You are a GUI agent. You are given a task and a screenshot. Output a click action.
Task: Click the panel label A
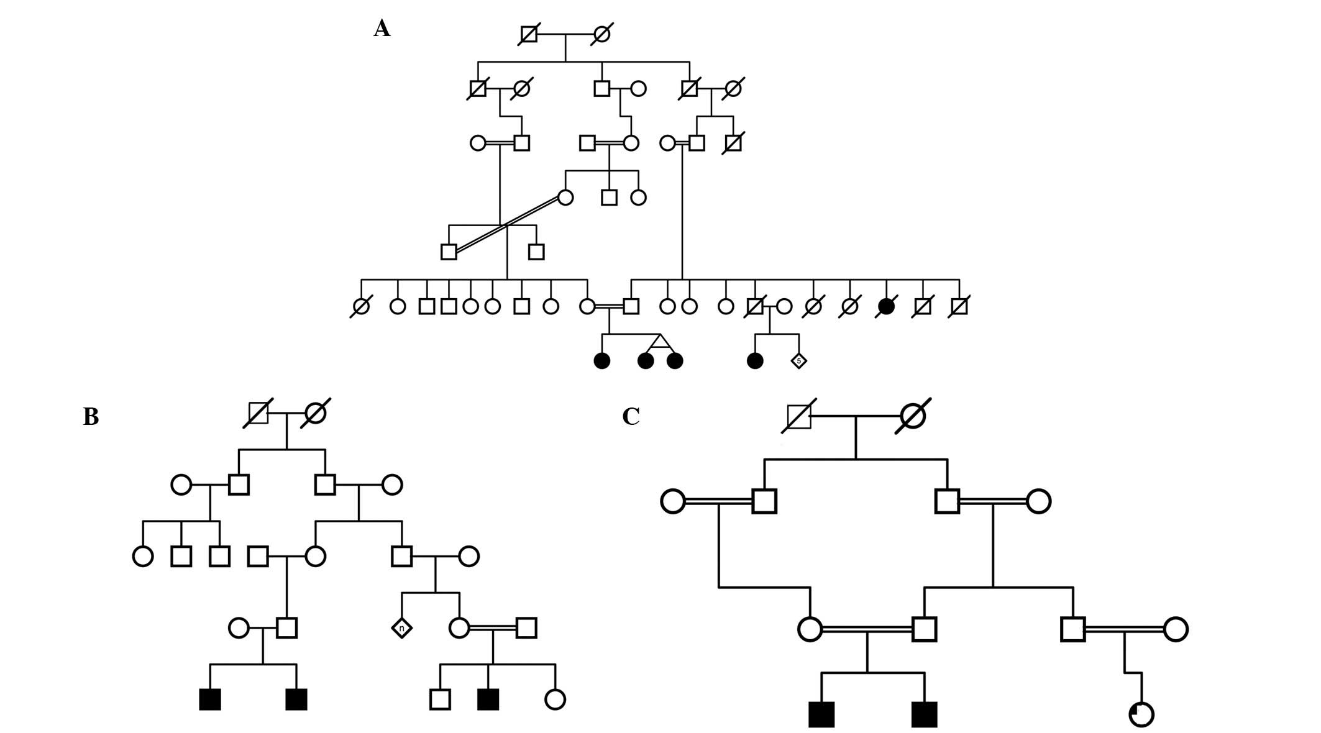382,29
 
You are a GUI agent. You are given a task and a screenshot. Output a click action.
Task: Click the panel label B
91,417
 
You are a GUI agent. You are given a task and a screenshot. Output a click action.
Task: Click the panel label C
631,417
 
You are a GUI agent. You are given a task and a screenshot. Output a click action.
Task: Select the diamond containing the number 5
798,360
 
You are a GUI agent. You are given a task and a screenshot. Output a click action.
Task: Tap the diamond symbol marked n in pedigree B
401,628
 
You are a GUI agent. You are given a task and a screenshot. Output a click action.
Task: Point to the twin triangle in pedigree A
660,341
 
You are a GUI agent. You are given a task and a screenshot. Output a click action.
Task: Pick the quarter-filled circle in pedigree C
1141,714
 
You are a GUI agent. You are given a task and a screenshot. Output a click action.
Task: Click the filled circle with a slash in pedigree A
886,306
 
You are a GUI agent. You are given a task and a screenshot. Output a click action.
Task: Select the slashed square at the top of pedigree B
258,413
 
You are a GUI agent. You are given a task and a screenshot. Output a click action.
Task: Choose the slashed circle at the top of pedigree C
913,416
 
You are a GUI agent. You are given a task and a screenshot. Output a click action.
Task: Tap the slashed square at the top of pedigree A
529,34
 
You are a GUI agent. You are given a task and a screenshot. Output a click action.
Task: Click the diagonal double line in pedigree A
507,224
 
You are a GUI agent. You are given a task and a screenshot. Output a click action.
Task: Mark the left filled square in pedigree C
821,714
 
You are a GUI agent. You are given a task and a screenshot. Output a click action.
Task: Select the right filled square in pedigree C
924,714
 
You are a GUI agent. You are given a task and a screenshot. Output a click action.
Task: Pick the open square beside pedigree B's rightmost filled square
440,699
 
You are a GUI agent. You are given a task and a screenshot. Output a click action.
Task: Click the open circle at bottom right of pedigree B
555,699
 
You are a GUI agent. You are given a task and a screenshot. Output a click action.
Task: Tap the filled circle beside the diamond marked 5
755,360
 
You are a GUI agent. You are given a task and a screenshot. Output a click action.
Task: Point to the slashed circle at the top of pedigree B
316,413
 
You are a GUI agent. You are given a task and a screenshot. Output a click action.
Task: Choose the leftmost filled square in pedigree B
210,699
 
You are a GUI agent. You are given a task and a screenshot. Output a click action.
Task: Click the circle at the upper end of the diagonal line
565,198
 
